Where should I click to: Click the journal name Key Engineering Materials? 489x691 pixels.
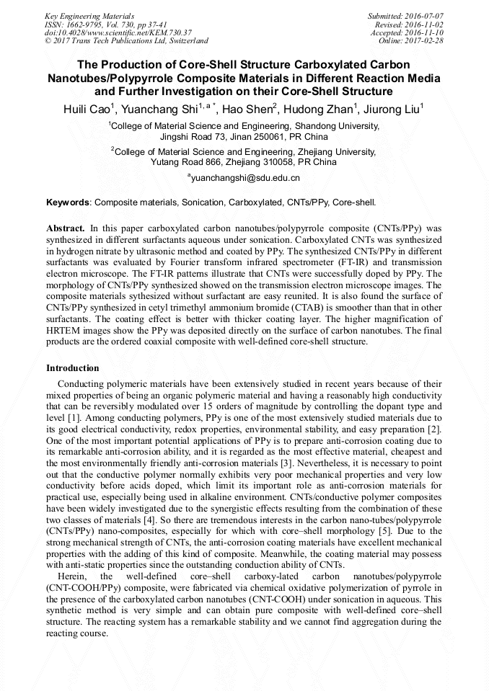[x=89, y=16]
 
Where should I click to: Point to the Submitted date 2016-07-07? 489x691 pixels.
[x=425, y=16]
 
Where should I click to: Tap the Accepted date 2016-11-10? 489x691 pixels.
[x=425, y=32]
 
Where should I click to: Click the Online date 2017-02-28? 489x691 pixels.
[x=425, y=41]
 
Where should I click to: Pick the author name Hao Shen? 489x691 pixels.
[x=242, y=110]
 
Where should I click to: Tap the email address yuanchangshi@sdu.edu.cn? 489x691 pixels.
[x=245, y=177]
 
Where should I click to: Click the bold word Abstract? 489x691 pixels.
[x=66, y=227]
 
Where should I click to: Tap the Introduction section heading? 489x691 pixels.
[x=73, y=368]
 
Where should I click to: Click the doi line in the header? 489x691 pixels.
[x=118, y=32]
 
